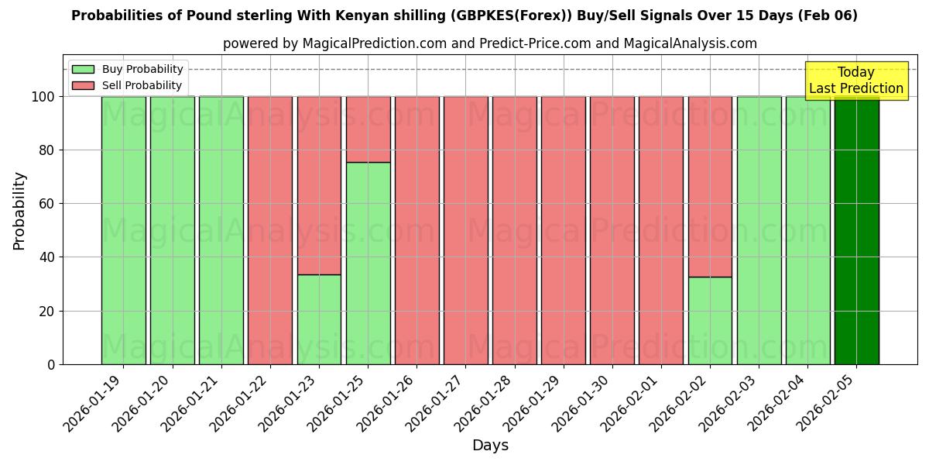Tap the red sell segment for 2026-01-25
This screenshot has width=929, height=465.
368,129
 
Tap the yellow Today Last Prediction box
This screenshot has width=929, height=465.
855,81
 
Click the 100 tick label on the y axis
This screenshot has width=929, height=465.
43,97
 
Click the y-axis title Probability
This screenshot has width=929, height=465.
19,211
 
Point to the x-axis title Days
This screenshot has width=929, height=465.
490,446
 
